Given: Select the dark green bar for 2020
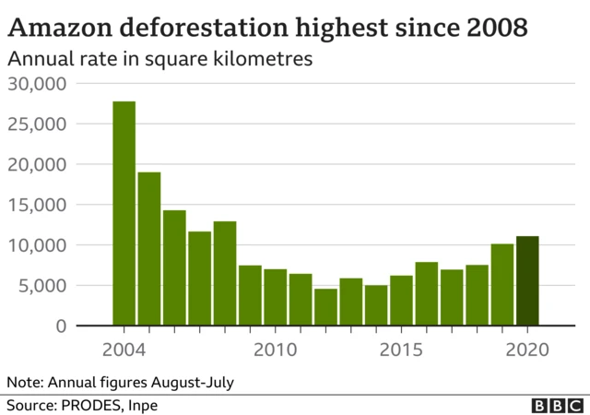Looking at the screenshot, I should (527, 281).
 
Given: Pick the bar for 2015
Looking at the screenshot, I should (401, 301).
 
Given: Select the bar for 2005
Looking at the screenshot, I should (149, 249).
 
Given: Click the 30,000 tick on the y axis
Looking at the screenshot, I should (38, 84).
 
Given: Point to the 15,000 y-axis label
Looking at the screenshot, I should (38, 205).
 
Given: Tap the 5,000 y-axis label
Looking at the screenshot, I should (42, 286).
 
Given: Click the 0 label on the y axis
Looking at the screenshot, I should (62, 326).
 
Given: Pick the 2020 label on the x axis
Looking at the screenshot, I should (527, 350).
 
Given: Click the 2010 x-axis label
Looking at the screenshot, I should (276, 350).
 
